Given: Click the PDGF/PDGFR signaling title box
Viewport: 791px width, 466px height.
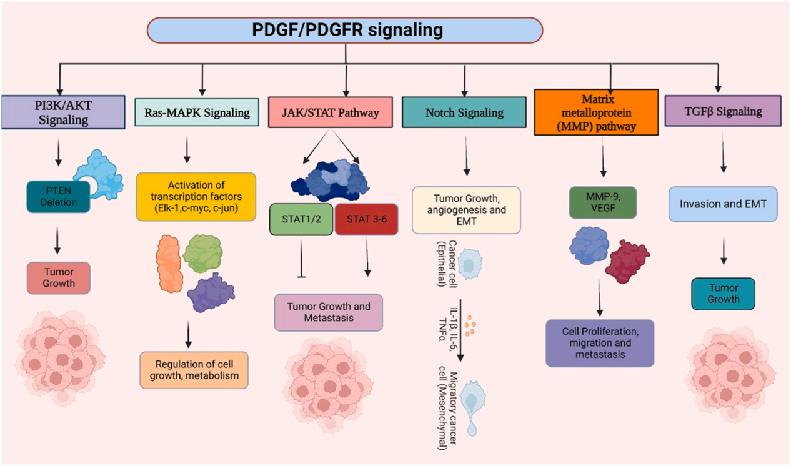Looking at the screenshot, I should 346,30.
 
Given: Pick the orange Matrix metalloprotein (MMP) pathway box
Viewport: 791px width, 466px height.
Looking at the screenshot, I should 596,112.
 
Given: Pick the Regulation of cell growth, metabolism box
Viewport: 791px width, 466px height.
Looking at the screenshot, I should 194,370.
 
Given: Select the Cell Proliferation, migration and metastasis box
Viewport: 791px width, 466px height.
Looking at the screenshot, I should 599,343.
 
